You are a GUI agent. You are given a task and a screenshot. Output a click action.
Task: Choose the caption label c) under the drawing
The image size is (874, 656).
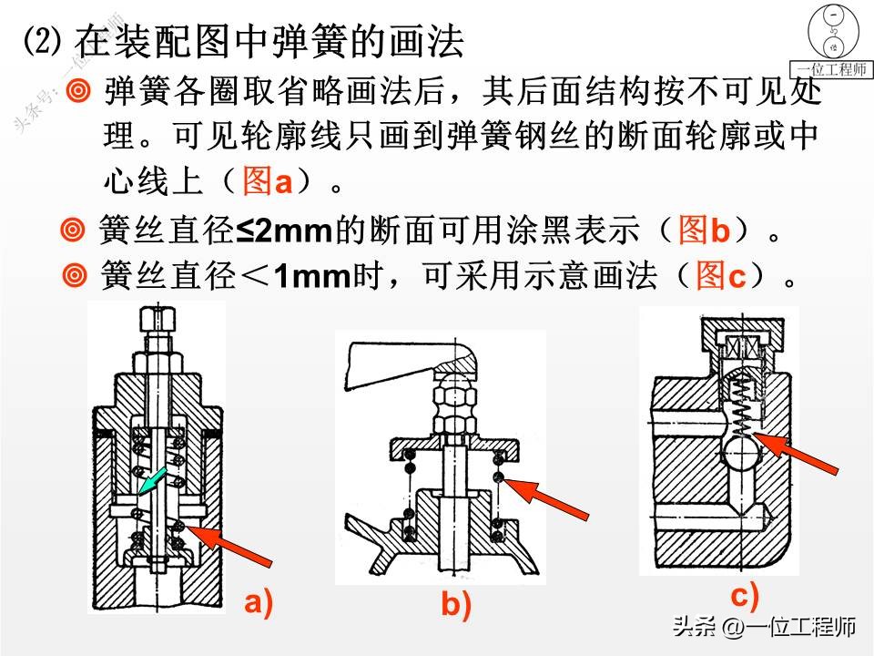tap(744, 596)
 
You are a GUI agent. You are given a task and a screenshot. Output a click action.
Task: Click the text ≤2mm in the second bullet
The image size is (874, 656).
tap(285, 231)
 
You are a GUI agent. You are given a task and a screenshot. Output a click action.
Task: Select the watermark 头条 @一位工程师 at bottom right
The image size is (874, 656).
tap(764, 628)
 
